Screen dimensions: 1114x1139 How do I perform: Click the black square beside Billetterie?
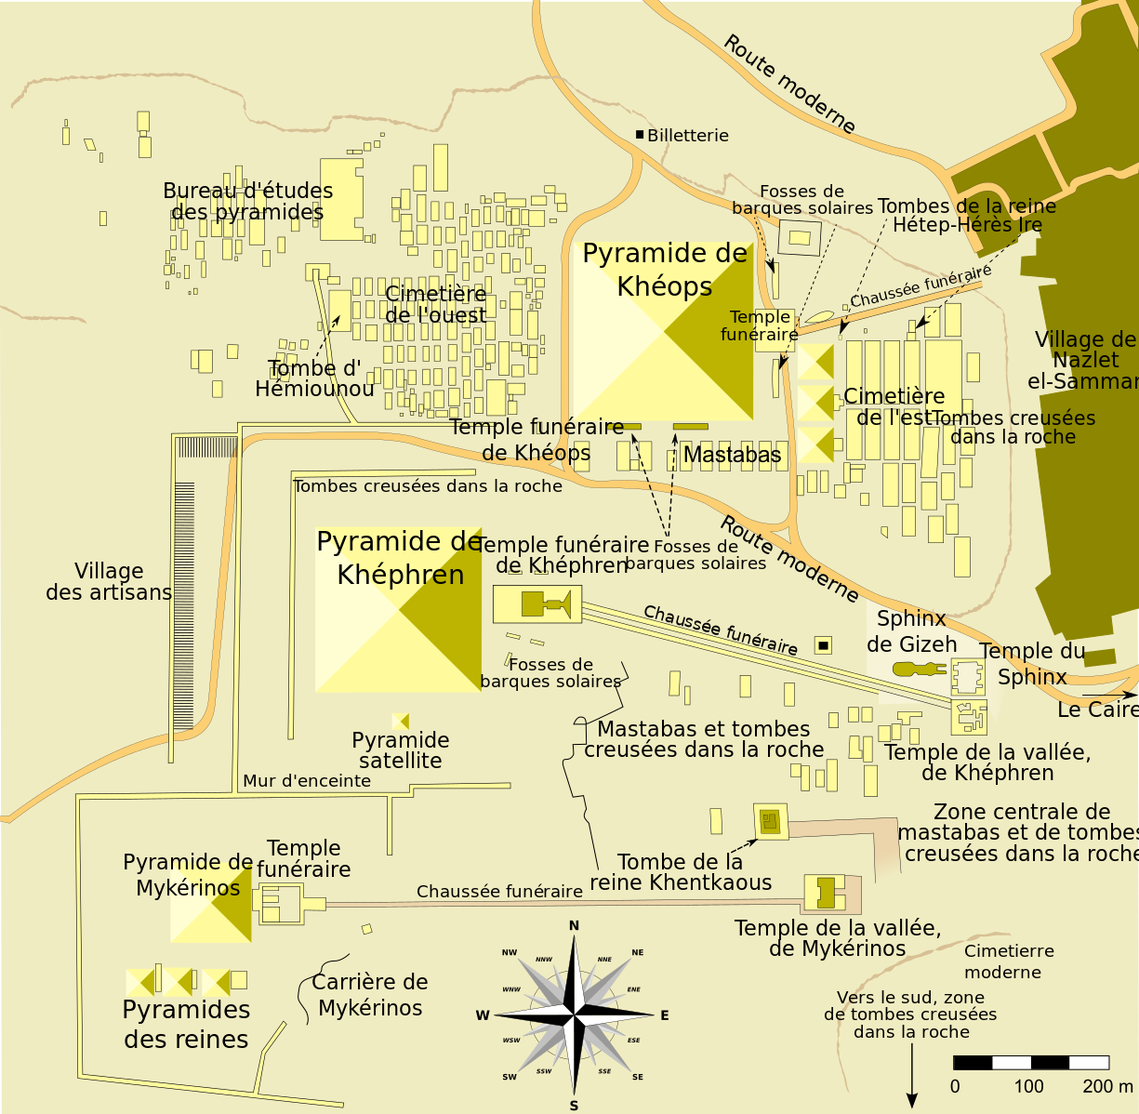pyautogui.click(x=640, y=135)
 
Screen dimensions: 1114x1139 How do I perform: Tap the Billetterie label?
pyautogui.click(x=688, y=136)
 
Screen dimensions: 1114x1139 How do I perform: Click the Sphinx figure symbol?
pyautogui.click(x=917, y=669)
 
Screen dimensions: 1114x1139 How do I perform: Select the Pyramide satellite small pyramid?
pyautogui.click(x=401, y=722)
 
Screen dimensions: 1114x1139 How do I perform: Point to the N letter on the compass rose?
pyautogui.click(x=574, y=925)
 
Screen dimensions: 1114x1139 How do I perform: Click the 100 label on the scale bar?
pyautogui.click(x=1029, y=1086)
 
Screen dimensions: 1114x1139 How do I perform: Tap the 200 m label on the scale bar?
pyautogui.click(x=1107, y=1086)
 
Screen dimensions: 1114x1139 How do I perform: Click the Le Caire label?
pyautogui.click(x=1097, y=710)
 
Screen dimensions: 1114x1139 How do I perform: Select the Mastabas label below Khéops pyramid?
pyautogui.click(x=732, y=455)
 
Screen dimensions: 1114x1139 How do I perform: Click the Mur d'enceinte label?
pyautogui.click(x=307, y=781)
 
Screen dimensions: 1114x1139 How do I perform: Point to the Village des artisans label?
pyautogui.click(x=109, y=582)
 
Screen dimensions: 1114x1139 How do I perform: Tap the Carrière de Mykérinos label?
pyautogui.click(x=370, y=995)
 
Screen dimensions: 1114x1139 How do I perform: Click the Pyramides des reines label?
pyautogui.click(x=186, y=1025)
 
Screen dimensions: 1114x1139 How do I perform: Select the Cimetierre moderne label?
pyautogui.click(x=1008, y=961)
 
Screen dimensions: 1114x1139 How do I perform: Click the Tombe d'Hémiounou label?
pyautogui.click(x=314, y=378)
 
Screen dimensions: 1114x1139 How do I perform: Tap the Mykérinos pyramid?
pyautogui.click(x=212, y=902)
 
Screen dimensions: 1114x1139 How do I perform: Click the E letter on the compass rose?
pyautogui.click(x=664, y=1015)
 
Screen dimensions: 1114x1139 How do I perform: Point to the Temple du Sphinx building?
pyautogui.click(x=968, y=676)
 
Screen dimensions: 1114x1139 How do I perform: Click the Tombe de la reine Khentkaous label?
pyautogui.click(x=681, y=872)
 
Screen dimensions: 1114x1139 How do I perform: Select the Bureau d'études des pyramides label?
pyautogui.click(x=247, y=202)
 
